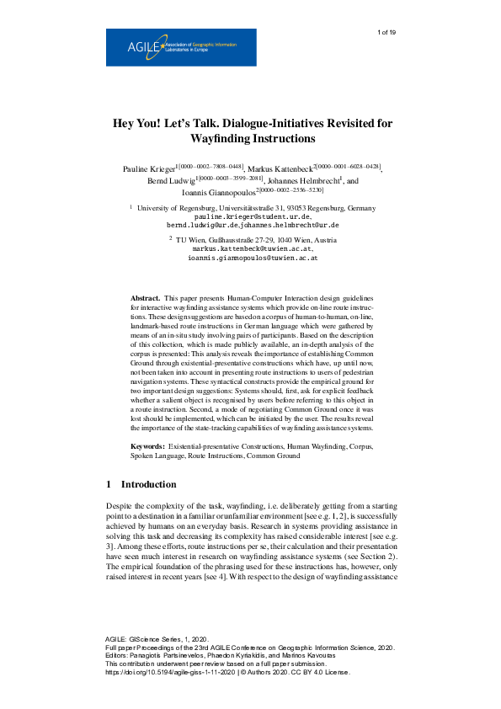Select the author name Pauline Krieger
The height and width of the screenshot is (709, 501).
coord(152,169)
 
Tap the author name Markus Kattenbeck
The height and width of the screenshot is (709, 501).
coord(278,169)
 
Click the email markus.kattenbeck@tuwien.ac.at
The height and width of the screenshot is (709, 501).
coord(253,249)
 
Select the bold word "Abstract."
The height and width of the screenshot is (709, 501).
coord(146,299)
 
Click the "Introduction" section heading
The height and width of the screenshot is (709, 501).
coord(148,485)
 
